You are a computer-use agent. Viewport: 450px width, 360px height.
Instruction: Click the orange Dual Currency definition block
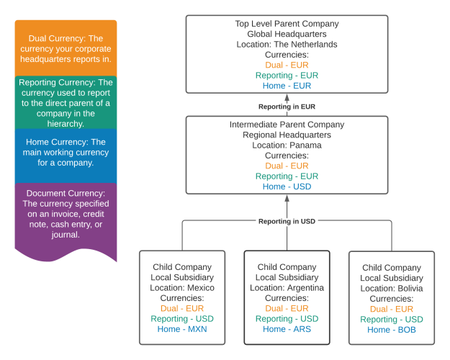(66, 48)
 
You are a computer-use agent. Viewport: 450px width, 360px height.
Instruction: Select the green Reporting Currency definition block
(66, 103)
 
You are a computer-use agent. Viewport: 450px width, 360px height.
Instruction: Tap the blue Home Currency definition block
(66, 153)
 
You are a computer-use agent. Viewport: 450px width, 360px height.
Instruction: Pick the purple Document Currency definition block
(66, 214)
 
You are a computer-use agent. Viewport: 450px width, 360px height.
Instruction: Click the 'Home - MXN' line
(182, 329)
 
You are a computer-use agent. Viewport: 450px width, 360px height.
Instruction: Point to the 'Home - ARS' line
(287, 329)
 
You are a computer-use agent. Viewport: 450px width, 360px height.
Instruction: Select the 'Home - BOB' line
(392, 330)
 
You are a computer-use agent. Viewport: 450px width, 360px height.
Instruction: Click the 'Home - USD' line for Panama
(287, 186)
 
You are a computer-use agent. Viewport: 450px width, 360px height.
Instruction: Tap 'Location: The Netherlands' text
(287, 45)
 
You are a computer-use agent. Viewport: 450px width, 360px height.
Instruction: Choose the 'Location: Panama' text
(287, 145)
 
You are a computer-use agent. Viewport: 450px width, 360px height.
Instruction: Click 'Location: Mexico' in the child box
(182, 288)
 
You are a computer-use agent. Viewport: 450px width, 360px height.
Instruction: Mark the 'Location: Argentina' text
(287, 288)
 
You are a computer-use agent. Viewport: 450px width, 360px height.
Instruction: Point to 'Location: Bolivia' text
(392, 289)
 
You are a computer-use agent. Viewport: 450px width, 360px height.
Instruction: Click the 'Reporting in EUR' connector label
(287, 107)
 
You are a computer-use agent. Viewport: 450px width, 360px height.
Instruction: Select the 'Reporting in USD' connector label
(287, 221)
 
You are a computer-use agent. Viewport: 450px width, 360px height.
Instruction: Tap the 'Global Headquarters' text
(287, 34)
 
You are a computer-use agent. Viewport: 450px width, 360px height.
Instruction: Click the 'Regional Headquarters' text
(287, 135)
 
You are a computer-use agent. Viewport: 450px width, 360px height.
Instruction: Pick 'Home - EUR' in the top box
(287, 86)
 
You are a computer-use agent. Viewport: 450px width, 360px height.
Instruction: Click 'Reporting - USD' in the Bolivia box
(392, 320)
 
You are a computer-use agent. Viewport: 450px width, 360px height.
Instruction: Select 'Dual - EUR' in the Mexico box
(182, 308)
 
